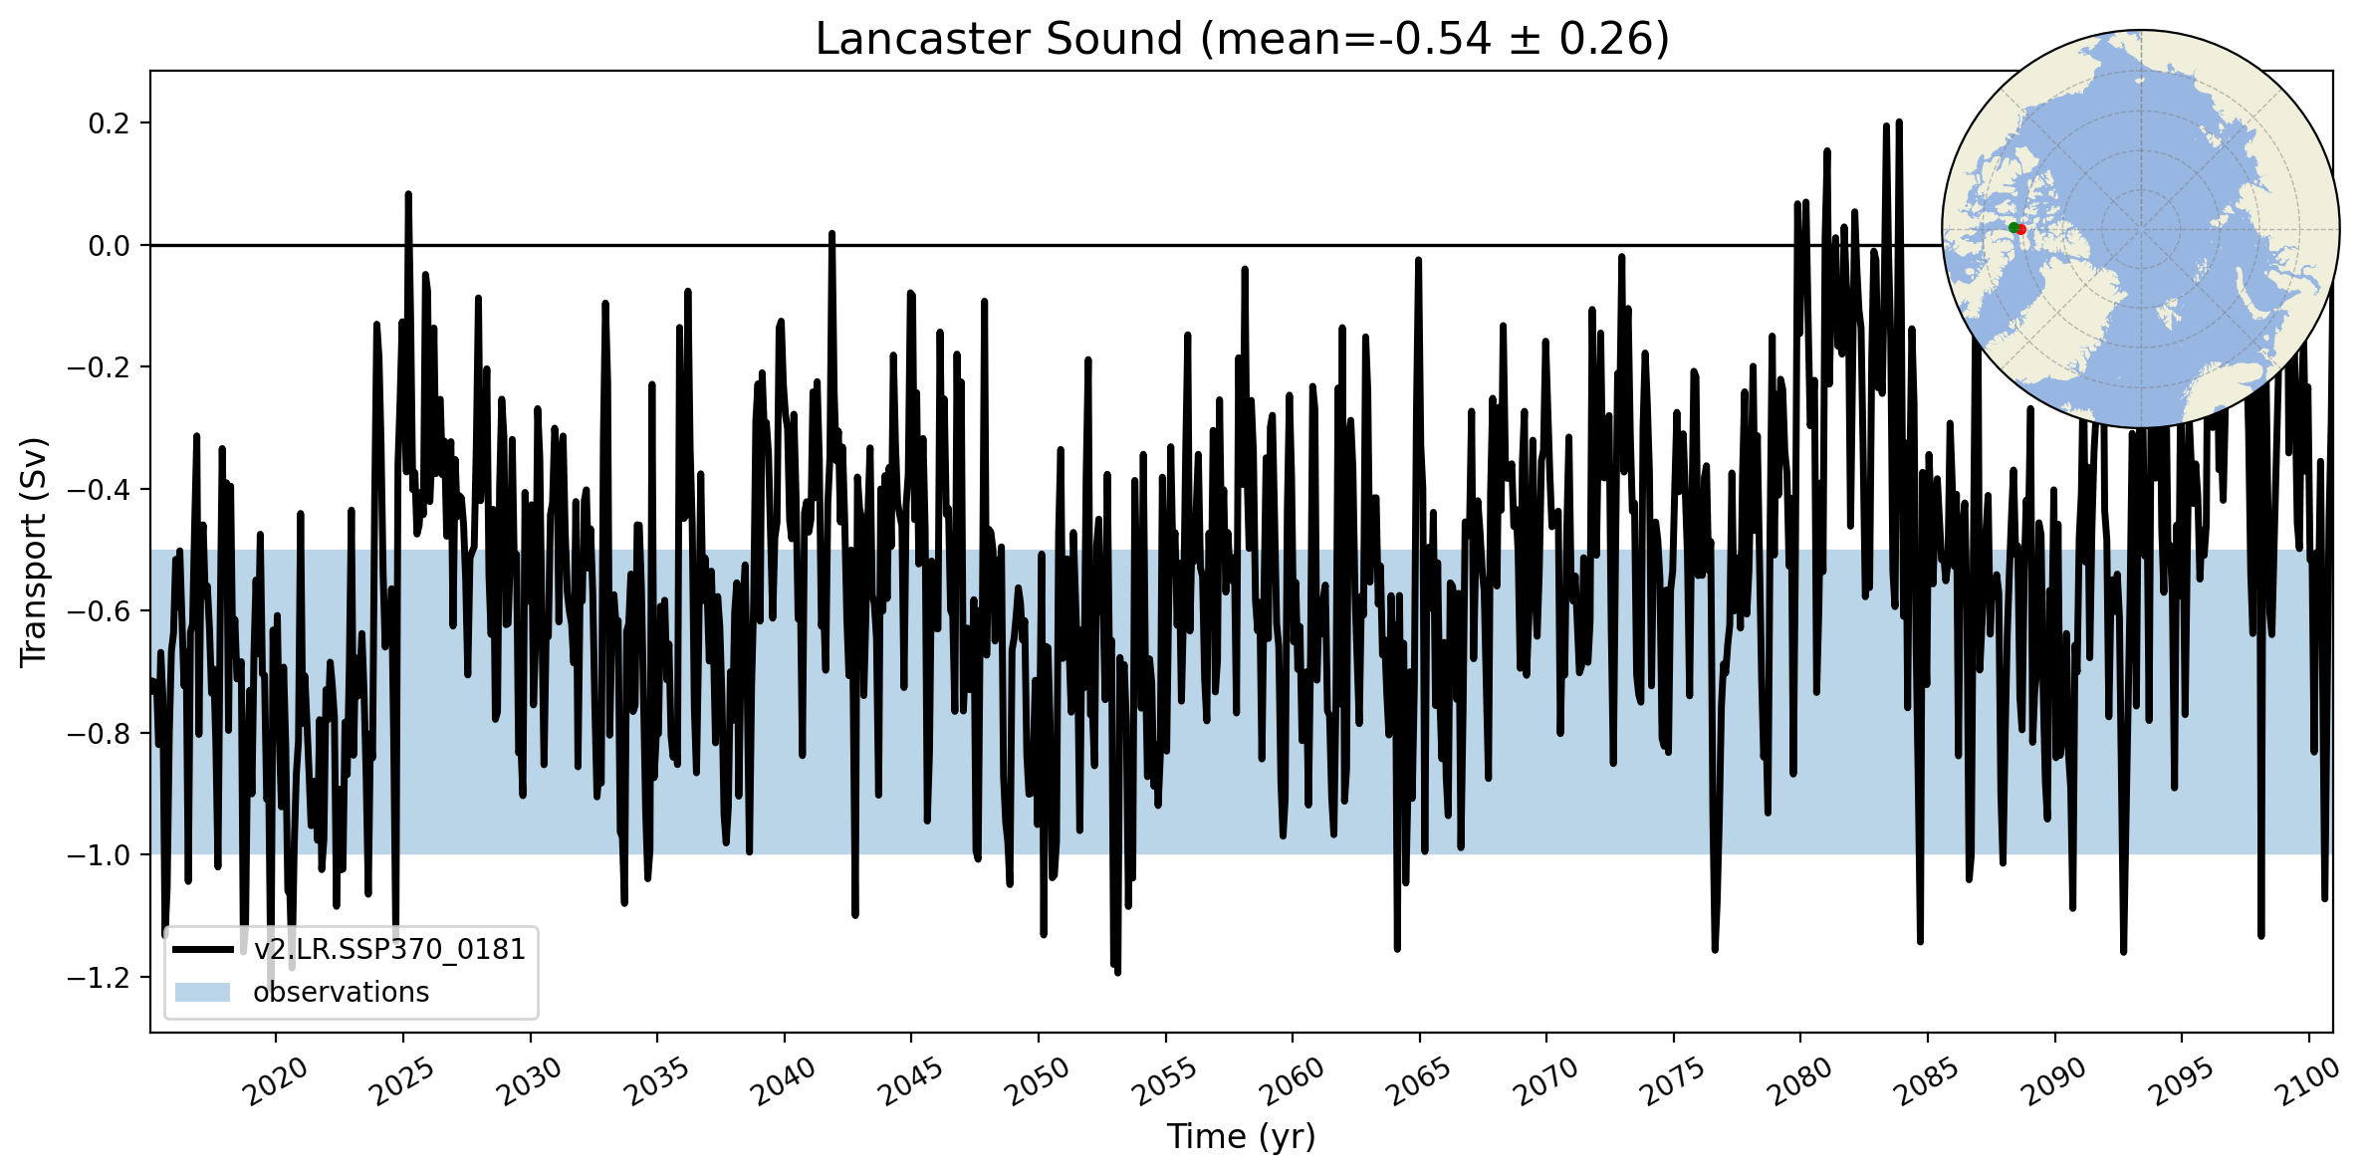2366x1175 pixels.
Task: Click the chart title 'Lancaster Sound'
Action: pyautogui.click(x=999, y=40)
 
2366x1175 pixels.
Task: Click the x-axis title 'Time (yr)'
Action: pyautogui.click(x=1241, y=1136)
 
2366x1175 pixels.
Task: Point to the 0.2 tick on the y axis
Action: pyautogui.click(x=110, y=123)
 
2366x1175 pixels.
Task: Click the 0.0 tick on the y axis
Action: pyautogui.click(x=110, y=246)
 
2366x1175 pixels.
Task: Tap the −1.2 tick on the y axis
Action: pyautogui.click(x=100, y=978)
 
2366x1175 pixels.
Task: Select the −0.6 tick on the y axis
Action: pyautogui.click(x=100, y=611)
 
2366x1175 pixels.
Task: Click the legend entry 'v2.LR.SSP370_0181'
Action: pyautogui.click(x=389, y=950)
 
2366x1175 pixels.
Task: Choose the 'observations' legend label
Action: pyautogui.click(x=341, y=993)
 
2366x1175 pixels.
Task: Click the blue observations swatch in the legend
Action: pyautogui.click(x=202, y=993)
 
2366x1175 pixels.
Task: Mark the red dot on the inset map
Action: pyautogui.click(x=2021, y=230)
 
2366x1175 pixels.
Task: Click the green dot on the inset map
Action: pyautogui.click(x=2012, y=228)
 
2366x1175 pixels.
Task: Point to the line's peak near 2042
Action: pyautogui.click(x=831, y=234)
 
